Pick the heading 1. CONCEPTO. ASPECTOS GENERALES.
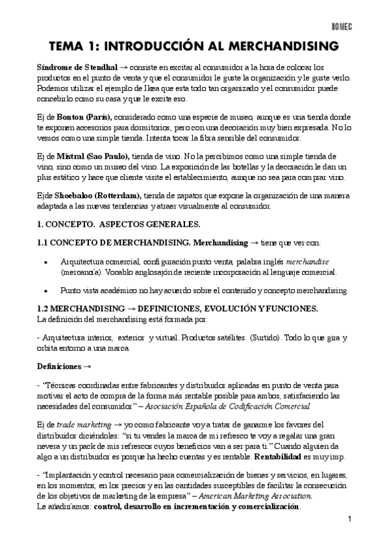[119, 225]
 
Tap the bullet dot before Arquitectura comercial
[44, 261]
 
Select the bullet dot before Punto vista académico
[44, 290]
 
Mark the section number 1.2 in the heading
[42, 308]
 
